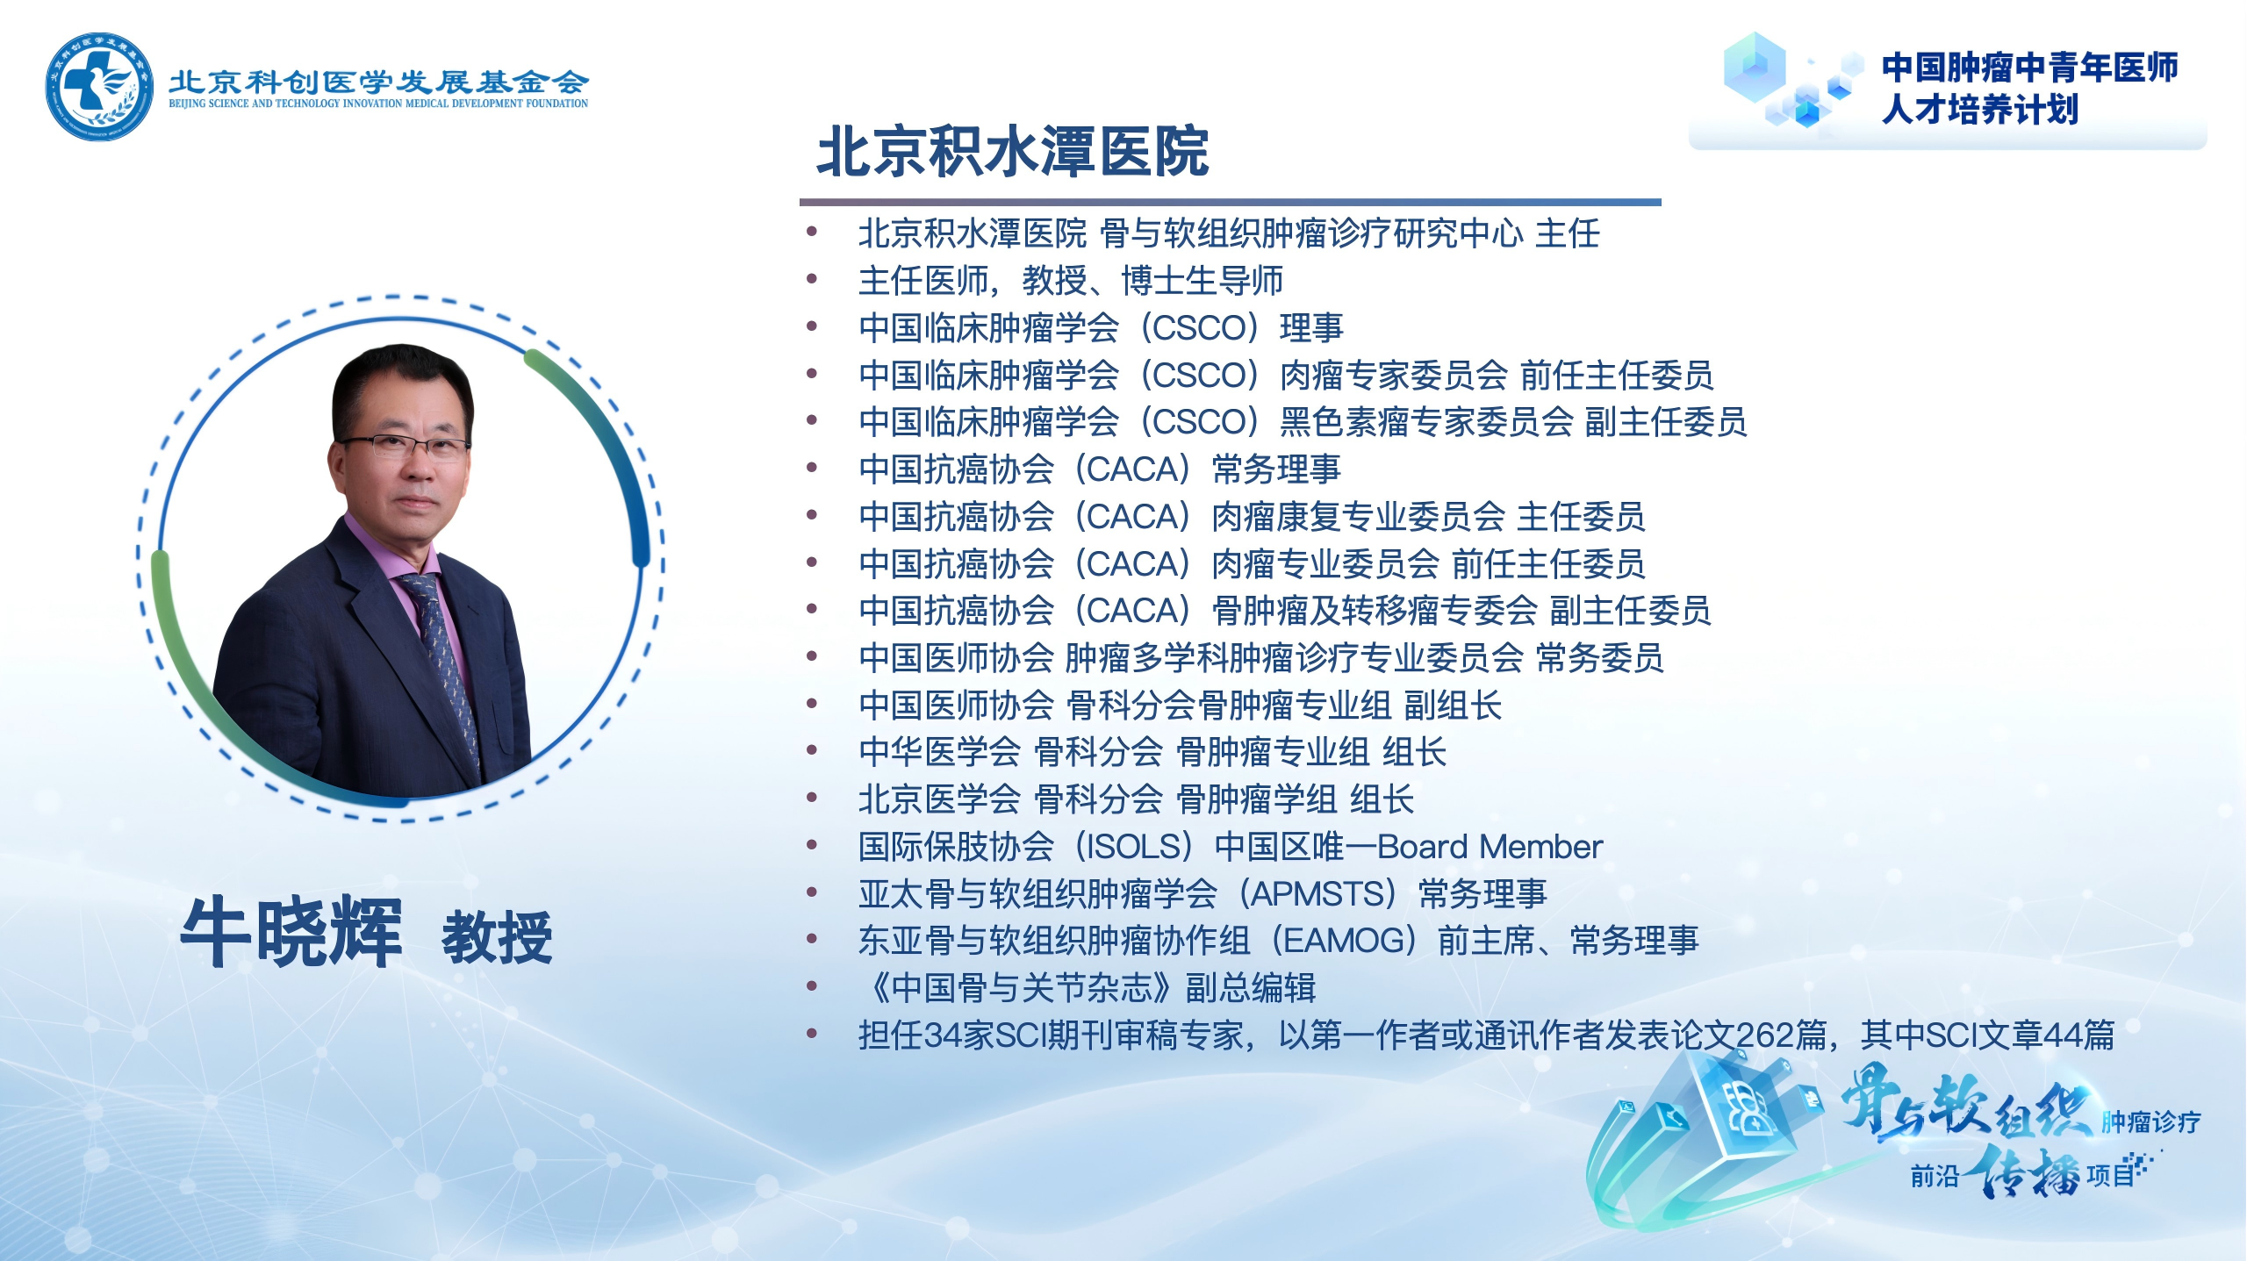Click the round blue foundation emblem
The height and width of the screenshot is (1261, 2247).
(x=99, y=86)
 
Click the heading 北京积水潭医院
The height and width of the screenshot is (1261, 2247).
(x=1013, y=152)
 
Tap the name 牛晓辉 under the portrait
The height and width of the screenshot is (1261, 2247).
(x=291, y=932)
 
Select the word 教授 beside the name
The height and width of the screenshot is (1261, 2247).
(x=497, y=937)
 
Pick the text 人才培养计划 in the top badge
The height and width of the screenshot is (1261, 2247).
(x=1980, y=110)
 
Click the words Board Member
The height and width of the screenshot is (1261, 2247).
(x=1490, y=847)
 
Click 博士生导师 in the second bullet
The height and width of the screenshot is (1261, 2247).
(x=1202, y=281)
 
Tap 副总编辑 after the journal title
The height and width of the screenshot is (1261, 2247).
(x=1251, y=988)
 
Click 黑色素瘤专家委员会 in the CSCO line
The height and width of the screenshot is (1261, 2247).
(x=1426, y=422)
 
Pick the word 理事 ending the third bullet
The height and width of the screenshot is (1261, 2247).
(x=1312, y=328)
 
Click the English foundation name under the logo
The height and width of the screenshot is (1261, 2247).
(x=378, y=104)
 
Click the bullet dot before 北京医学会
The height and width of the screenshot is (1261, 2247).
(x=812, y=798)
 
